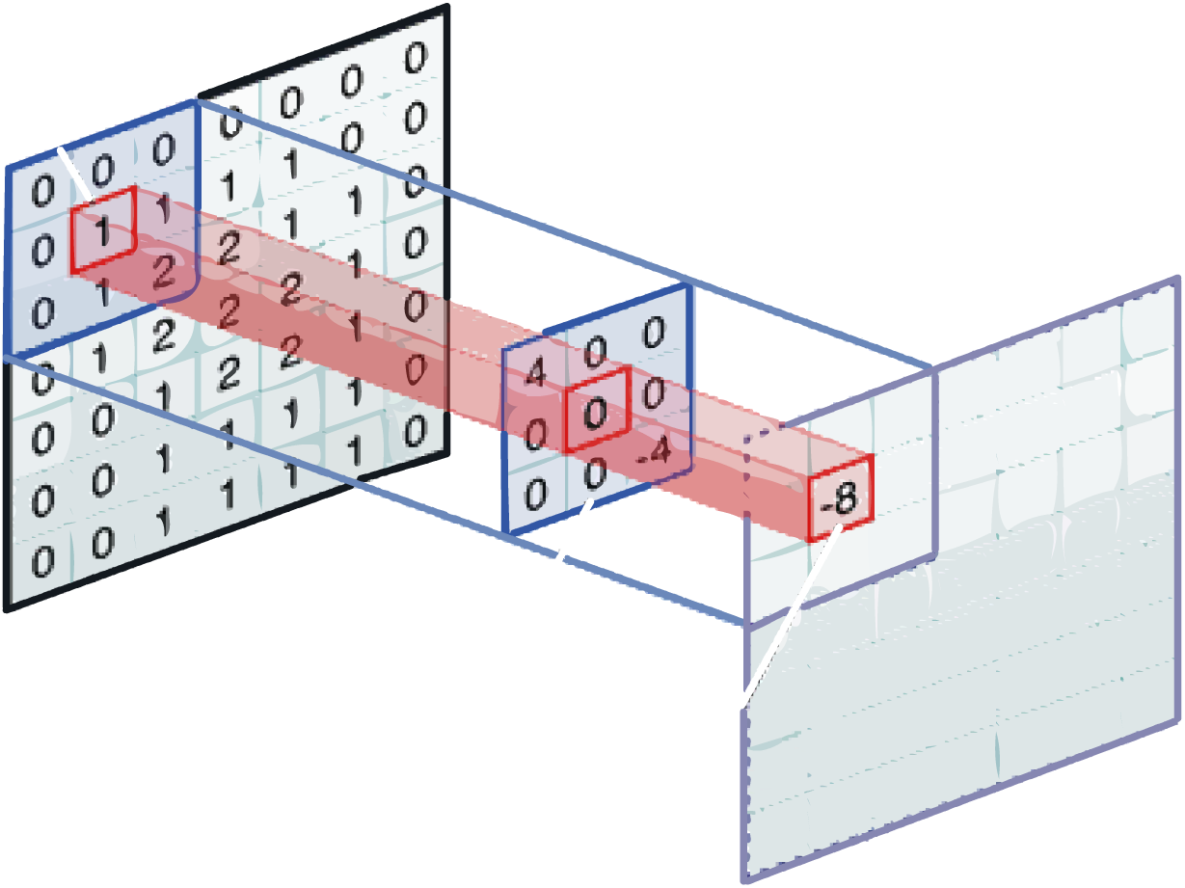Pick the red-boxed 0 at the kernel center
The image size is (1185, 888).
[596, 416]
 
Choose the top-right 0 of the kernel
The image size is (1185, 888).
[655, 332]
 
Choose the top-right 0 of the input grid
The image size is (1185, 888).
[415, 58]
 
